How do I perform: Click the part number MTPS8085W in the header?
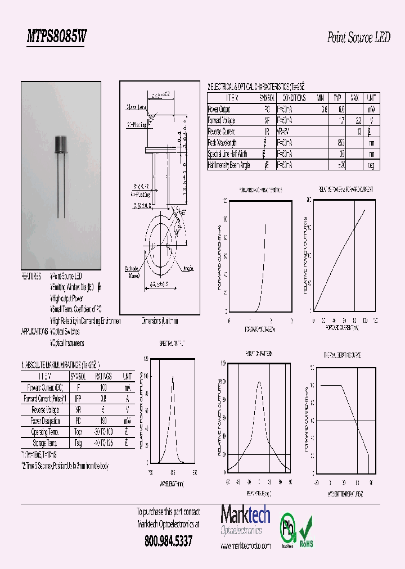coord(57,37)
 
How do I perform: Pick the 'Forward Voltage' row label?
coord(222,120)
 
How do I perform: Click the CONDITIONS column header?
coord(291,98)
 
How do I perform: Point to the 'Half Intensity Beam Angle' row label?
coord(229,165)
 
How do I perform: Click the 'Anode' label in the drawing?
coord(187,269)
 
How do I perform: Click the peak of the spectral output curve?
coord(172,377)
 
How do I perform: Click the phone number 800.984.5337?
coord(168,541)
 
